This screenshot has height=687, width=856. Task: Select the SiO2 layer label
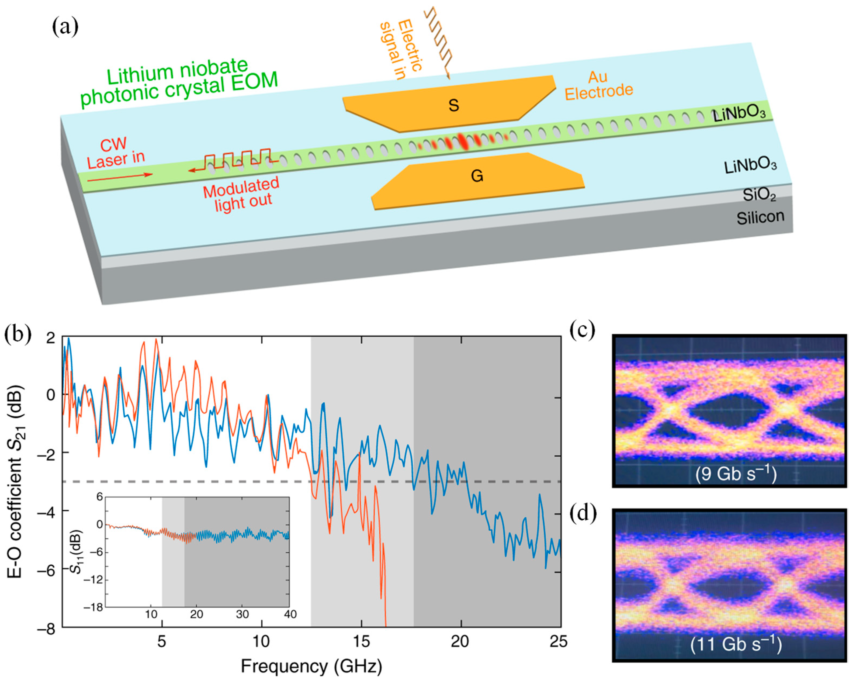pos(759,195)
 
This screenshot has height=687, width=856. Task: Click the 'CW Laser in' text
pos(115,153)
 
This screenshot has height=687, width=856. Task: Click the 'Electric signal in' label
pos(401,50)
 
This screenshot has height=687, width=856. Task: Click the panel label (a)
pos(65,27)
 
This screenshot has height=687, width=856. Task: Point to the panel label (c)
pos(582,330)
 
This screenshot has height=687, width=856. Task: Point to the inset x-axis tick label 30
pos(242,614)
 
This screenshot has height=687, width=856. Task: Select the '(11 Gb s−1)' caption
pos(736,644)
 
